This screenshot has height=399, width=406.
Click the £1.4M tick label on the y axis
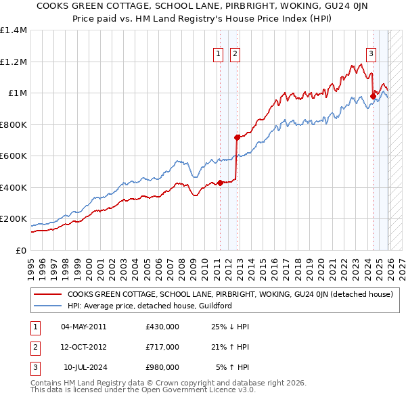coord(13,30)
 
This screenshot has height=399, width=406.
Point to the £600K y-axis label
coord(13,156)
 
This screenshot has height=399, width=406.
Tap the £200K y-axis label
coord(13,219)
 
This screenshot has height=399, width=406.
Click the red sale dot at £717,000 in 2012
coord(236,138)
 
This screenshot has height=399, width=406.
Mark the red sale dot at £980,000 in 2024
coord(373,97)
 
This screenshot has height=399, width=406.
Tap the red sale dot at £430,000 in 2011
coord(220,183)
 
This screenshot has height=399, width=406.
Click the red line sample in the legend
coord(47,294)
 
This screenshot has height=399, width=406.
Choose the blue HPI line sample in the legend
coord(47,306)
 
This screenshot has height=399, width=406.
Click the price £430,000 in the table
coord(162,327)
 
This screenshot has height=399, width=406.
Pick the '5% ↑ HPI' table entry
coord(232,367)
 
